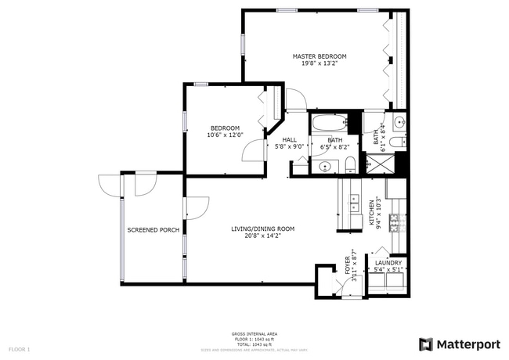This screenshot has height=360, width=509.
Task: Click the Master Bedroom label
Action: (x=319, y=56)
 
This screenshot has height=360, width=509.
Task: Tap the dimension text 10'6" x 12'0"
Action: (x=226, y=135)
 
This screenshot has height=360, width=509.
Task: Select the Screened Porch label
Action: (x=153, y=230)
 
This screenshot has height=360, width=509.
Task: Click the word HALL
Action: (x=289, y=140)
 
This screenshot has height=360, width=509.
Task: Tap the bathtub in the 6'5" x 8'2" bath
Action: (x=329, y=125)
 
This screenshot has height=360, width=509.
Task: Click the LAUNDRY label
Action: (x=388, y=263)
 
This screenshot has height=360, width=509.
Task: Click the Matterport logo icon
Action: (x=425, y=344)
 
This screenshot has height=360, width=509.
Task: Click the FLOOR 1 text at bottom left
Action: (x=19, y=348)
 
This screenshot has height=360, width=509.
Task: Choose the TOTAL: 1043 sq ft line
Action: (x=254, y=344)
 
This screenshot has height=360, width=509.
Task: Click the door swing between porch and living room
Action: (x=196, y=207)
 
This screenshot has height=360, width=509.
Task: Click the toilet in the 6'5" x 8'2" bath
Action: (x=350, y=165)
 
